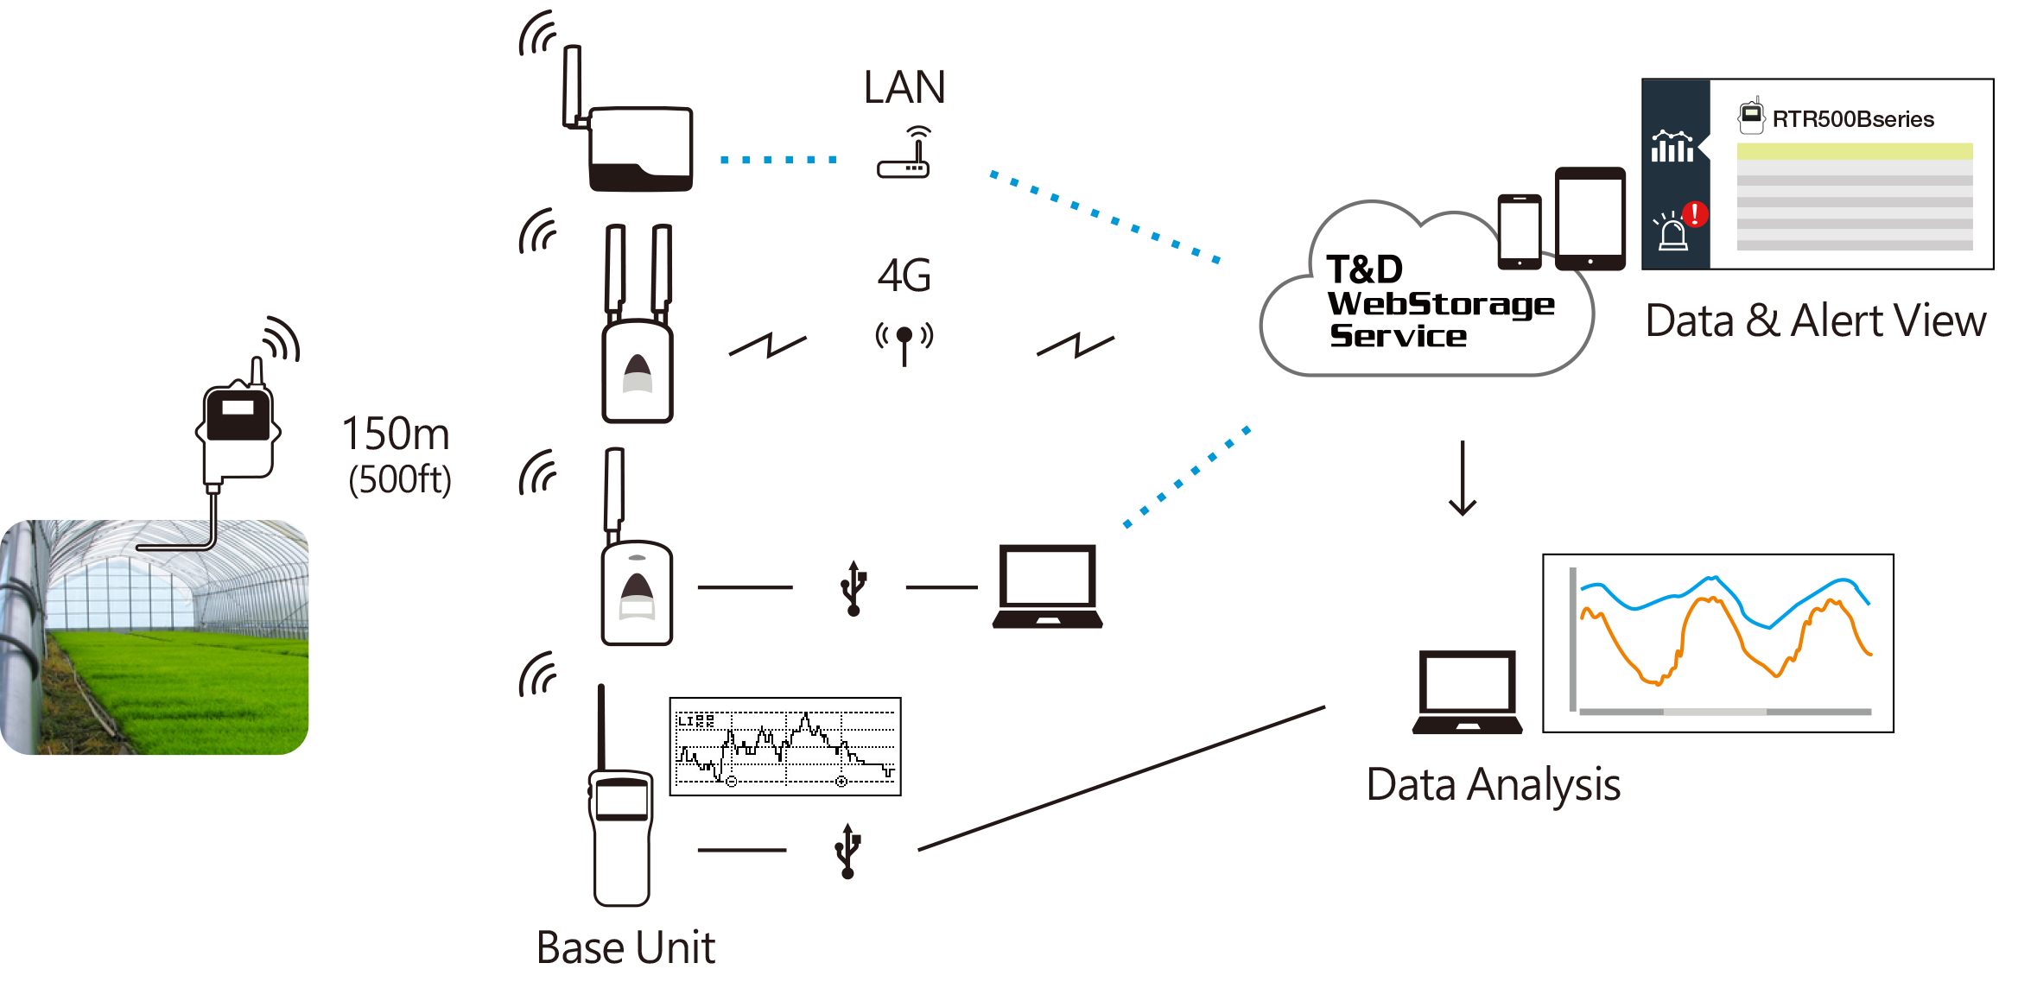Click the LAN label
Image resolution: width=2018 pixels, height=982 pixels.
(904, 87)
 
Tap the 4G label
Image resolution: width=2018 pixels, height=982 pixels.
(904, 276)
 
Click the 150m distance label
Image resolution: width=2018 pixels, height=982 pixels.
(396, 434)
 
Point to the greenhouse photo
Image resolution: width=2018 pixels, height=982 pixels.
(155, 637)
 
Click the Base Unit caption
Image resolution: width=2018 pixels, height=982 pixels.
(625, 947)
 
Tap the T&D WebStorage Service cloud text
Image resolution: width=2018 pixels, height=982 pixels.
(1440, 301)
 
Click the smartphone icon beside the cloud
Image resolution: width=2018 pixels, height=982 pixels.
(1520, 231)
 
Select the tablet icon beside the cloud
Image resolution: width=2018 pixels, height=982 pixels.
(1590, 219)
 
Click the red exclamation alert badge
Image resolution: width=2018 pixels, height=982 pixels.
(1695, 213)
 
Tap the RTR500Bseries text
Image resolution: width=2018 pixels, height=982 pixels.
(1853, 119)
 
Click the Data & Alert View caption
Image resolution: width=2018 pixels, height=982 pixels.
(1815, 320)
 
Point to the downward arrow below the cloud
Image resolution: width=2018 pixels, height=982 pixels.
(1463, 478)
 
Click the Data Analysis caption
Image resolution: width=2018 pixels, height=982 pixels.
(1493, 785)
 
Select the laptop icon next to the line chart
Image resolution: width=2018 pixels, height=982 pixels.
(1467, 692)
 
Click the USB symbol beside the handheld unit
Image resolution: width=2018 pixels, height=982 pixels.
(847, 851)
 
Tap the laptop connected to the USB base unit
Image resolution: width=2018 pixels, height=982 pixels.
(1047, 586)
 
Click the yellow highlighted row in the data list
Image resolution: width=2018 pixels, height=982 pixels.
(1855, 151)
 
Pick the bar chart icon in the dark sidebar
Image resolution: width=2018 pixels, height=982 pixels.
(1672, 147)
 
